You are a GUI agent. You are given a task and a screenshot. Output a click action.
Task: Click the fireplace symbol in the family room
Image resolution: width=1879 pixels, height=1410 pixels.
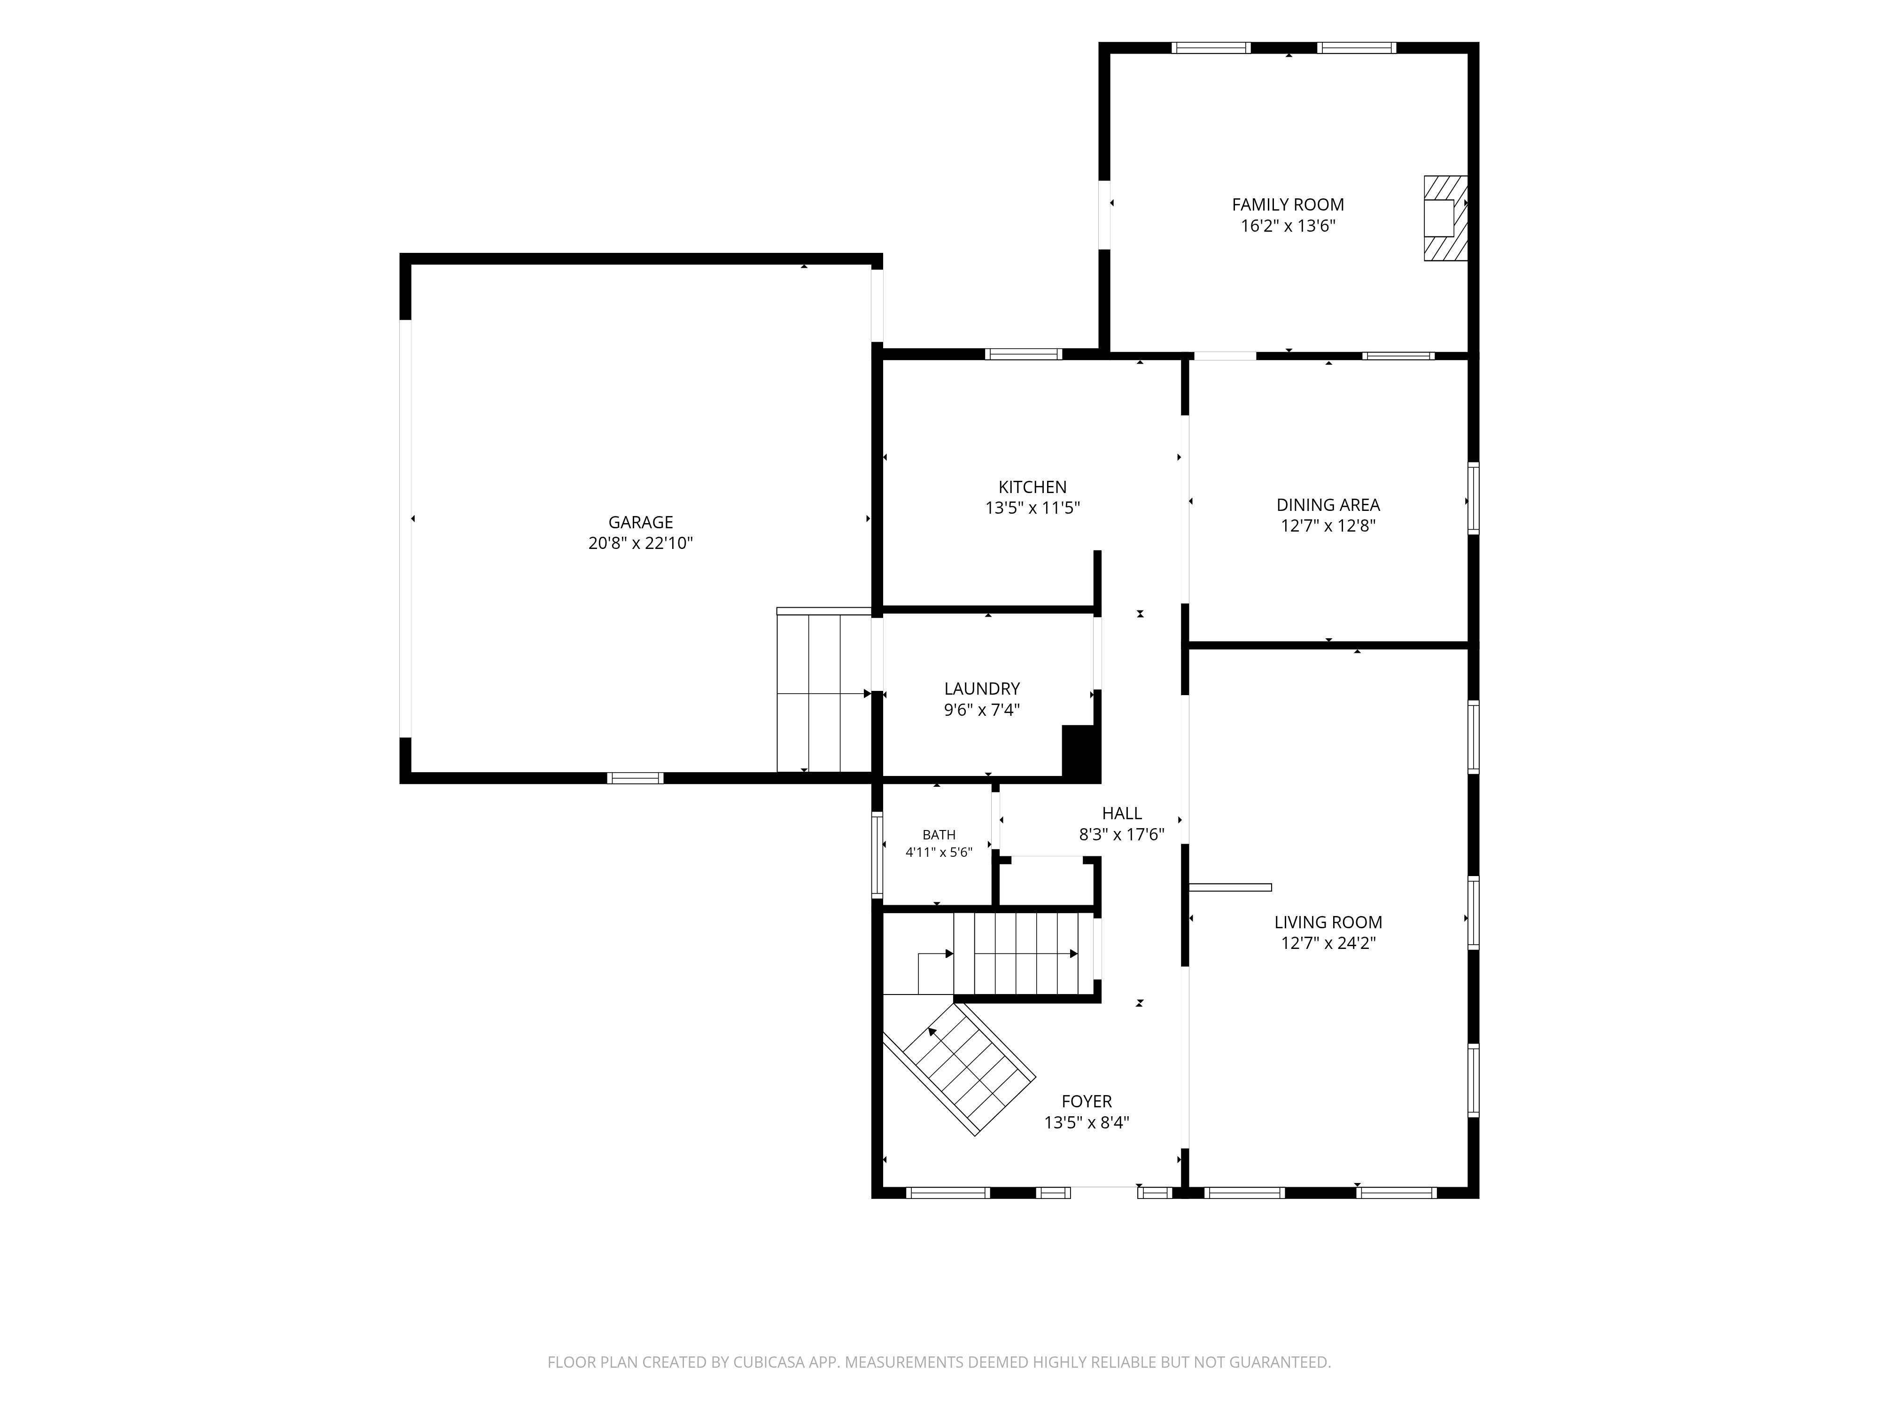point(1446,218)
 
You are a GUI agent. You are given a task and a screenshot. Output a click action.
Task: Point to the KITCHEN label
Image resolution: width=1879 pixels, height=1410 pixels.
point(1032,487)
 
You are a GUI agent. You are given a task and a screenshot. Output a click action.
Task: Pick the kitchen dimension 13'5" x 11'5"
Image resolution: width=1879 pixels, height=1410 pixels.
point(1032,508)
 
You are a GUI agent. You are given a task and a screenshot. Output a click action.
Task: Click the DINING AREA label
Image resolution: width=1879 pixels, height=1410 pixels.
point(1328,505)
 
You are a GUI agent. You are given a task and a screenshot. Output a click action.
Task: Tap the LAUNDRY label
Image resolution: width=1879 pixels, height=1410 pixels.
point(982,689)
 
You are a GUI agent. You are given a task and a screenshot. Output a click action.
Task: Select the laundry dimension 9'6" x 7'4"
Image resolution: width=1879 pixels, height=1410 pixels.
point(982,710)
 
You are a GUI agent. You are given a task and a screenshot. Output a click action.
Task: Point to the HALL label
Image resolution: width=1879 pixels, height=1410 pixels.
point(1121,814)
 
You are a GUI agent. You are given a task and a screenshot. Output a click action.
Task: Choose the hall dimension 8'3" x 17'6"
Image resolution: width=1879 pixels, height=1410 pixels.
point(1121,835)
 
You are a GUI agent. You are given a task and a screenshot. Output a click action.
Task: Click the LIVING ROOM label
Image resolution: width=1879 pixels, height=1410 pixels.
point(1328,922)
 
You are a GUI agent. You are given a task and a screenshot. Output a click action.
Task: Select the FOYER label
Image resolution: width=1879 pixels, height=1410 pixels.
point(1087,1102)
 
